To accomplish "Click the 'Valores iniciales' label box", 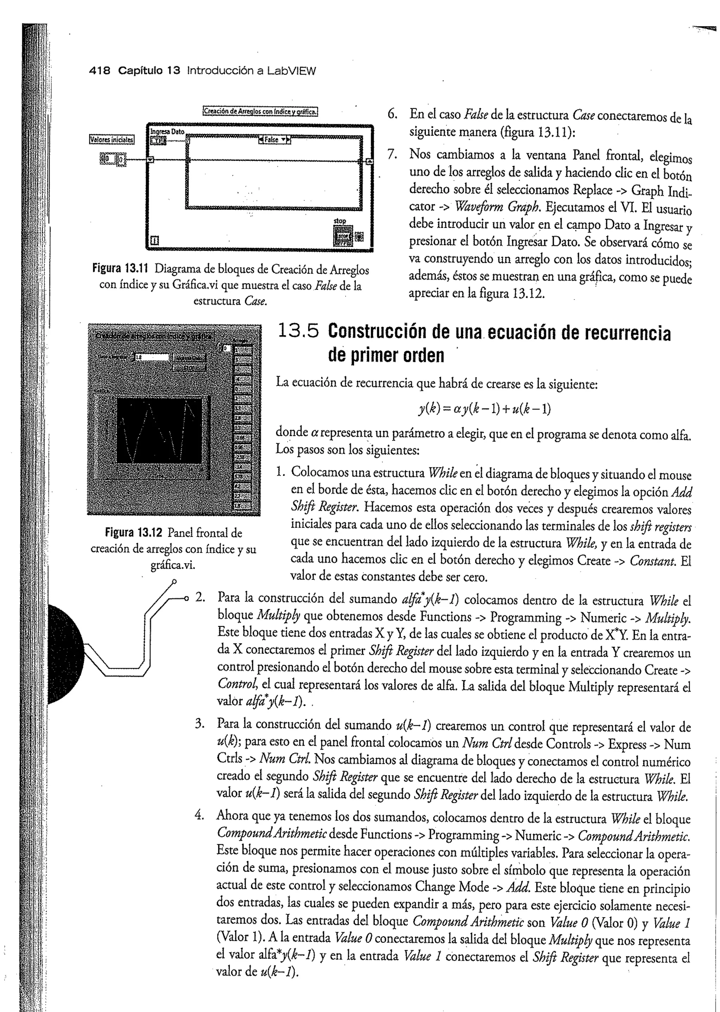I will click(112, 140).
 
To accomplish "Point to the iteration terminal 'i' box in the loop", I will click(155, 241).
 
